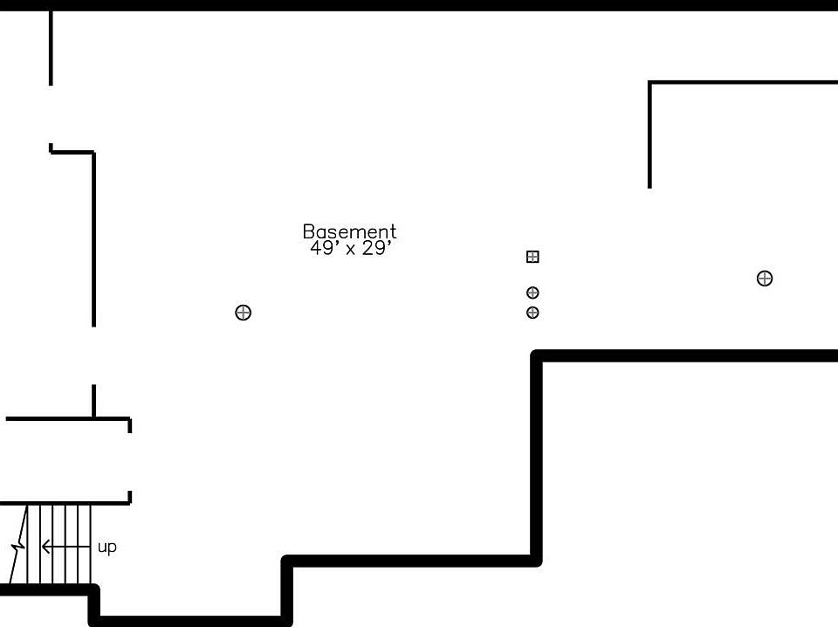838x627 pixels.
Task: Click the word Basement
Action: (349, 231)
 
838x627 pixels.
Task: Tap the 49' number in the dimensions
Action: (322, 248)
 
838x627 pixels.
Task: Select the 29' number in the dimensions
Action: (378, 248)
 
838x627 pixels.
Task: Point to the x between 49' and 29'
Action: (350, 250)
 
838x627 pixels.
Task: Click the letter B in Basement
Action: (308, 231)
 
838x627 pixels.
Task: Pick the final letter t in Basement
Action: (393, 231)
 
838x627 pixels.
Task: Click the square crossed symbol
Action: (532, 257)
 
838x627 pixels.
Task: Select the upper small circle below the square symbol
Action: (532, 293)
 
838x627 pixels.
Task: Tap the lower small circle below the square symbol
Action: (532, 313)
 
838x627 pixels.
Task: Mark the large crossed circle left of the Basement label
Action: (244, 313)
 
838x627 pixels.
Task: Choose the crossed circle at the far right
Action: (765, 279)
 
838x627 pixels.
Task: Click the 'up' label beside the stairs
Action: (106, 548)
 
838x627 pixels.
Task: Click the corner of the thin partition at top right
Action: (650, 83)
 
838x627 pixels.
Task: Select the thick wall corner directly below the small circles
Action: (538, 356)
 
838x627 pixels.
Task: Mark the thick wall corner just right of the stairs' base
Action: (94, 591)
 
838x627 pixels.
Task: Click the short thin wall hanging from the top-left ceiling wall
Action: (51, 48)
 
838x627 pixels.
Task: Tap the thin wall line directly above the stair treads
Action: (65, 503)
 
